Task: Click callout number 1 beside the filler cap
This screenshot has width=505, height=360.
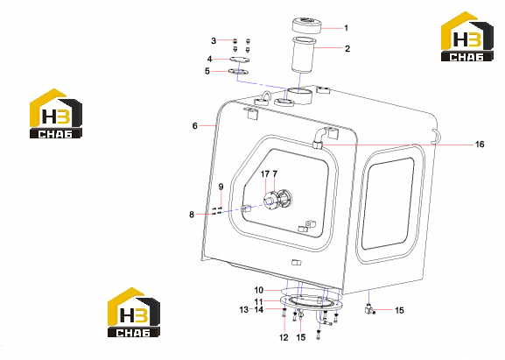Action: coord(347,28)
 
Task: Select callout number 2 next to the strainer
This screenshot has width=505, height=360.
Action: coord(347,49)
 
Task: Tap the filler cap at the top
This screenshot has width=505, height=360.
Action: coord(306,25)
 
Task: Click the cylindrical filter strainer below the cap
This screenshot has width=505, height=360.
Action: coord(303,56)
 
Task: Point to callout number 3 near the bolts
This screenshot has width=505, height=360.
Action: coord(214,41)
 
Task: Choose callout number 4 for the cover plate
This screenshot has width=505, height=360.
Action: coord(210,59)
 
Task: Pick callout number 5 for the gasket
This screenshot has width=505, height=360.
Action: coord(207,71)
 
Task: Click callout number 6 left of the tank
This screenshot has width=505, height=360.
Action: coord(195,126)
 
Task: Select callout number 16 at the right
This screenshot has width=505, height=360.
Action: coord(480,144)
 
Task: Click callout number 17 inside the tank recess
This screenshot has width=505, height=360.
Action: coord(265,174)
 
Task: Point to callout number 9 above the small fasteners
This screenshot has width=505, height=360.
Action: coord(221,187)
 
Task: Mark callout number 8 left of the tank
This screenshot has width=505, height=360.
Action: coord(192,215)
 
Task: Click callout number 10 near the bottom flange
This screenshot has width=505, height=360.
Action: coord(259,290)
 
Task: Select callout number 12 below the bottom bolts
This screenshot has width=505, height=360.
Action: coord(284,337)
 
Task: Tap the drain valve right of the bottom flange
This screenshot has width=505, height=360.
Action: coord(368,308)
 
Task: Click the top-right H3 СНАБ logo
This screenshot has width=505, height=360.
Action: coord(467,37)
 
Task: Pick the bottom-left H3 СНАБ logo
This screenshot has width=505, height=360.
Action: coord(134,313)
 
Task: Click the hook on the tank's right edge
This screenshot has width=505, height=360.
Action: coord(436,136)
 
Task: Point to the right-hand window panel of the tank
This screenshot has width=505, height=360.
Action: coord(389,204)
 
